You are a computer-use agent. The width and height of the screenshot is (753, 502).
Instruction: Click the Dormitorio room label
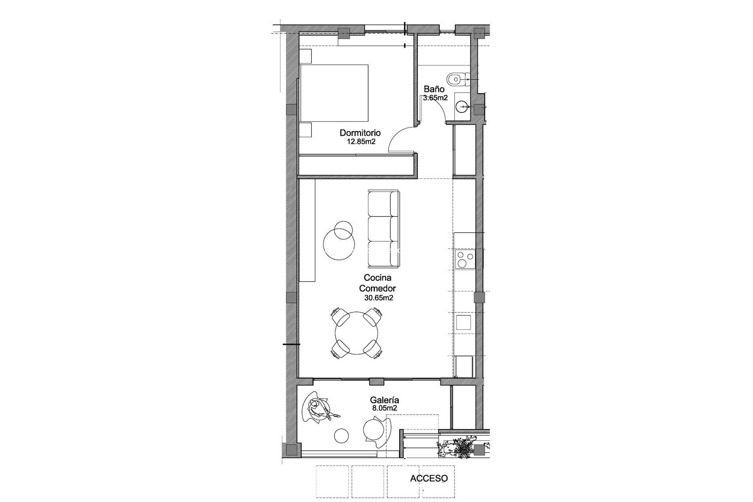[x=360, y=133]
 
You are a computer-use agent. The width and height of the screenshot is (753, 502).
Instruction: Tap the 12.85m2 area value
[x=361, y=142]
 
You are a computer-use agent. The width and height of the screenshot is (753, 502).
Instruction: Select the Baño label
[x=433, y=89]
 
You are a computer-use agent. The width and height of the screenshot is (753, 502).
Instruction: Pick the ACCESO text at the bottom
[x=429, y=478]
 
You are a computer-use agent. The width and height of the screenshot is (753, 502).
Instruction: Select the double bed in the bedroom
[x=334, y=93]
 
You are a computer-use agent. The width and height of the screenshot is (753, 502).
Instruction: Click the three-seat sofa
[x=383, y=227]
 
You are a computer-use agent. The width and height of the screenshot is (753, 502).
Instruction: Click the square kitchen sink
[x=464, y=322]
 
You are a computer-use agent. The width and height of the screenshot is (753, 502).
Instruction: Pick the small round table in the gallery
[x=342, y=435]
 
